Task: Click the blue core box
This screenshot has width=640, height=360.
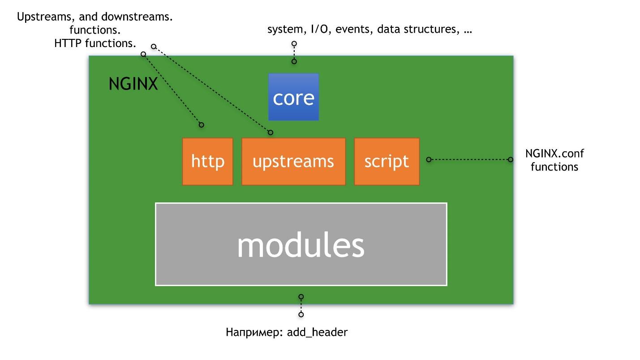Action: point(293,97)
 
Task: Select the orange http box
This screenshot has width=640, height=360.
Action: point(207,161)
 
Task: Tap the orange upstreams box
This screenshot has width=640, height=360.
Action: point(293,161)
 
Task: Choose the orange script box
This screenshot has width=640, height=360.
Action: point(387,161)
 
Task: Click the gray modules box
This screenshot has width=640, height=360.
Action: point(301,244)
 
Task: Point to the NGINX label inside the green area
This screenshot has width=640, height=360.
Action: point(133,84)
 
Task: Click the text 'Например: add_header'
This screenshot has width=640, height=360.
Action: point(287,332)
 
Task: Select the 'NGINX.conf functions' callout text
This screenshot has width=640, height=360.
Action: point(554,160)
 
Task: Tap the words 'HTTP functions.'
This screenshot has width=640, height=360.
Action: point(95,43)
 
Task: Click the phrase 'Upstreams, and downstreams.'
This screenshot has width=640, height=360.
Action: point(95,17)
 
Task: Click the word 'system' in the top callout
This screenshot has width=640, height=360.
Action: point(285,30)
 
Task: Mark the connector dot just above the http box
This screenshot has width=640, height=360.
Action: point(202,124)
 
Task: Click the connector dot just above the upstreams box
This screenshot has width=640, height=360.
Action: point(270,132)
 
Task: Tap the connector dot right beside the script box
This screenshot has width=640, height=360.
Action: point(429,159)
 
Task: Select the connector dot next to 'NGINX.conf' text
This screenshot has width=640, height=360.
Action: point(510,159)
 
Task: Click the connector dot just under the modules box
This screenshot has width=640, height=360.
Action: point(301,296)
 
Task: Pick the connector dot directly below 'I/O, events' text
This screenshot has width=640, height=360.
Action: point(294,44)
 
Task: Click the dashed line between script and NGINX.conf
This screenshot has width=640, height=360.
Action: point(469,159)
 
